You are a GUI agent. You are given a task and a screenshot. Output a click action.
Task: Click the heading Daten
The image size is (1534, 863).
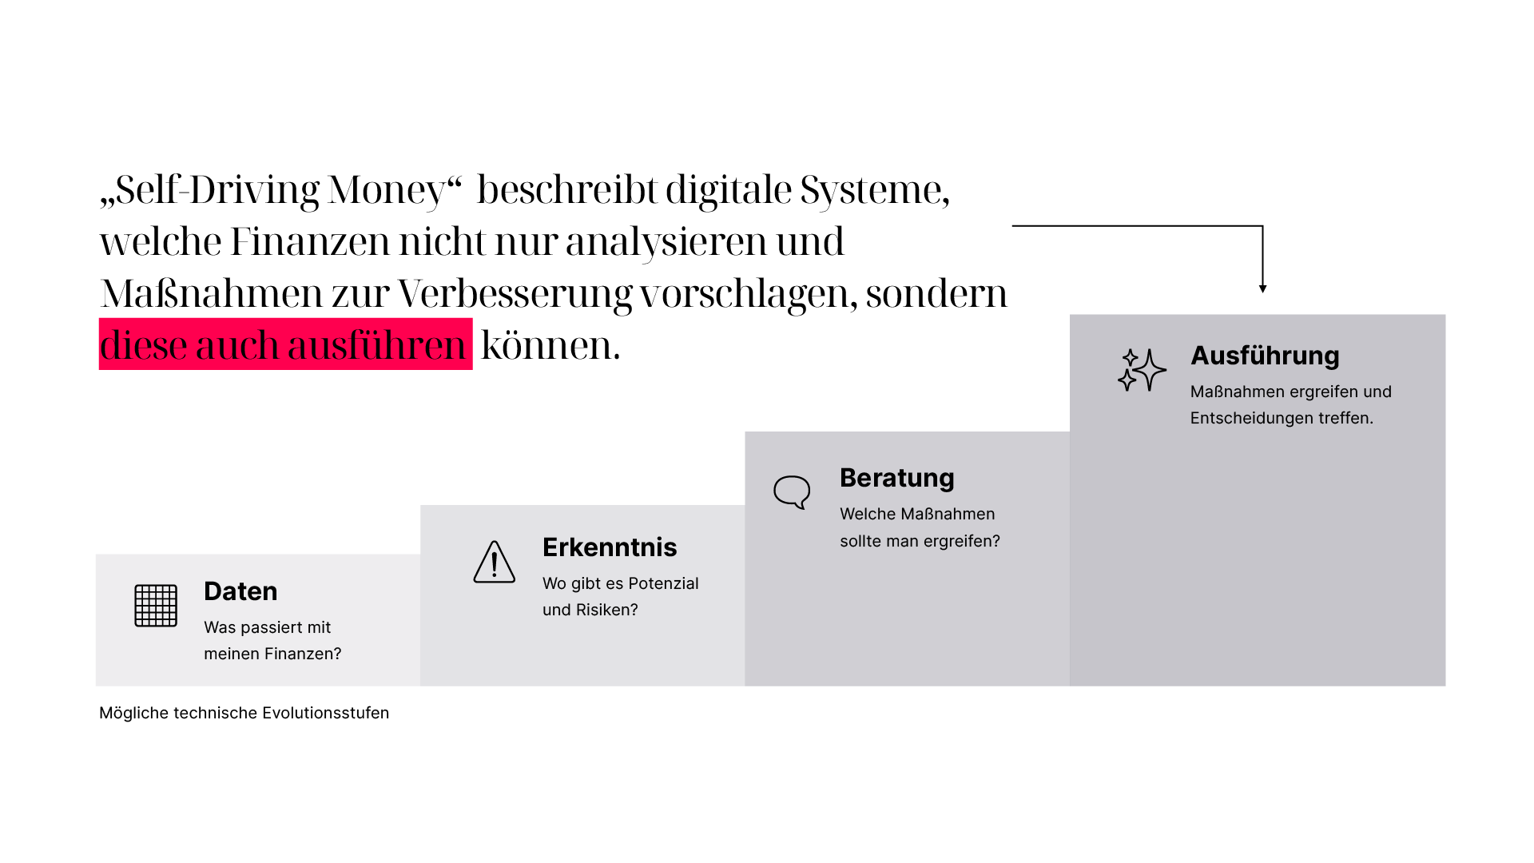240,591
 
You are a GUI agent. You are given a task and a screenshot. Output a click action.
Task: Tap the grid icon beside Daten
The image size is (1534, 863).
156,606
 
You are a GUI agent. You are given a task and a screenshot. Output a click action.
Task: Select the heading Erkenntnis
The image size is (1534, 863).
610,547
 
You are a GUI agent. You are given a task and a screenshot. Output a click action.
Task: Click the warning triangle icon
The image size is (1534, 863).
494,563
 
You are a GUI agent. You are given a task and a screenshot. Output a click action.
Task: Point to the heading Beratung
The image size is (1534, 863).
896,478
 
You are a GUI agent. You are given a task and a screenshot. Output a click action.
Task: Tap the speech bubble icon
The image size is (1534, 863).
792,491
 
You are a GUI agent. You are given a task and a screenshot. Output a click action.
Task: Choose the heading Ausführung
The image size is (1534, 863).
1265,356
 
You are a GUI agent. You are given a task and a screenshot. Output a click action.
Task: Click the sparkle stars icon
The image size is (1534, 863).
1142,370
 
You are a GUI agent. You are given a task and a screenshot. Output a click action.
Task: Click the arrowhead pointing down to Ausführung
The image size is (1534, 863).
1262,288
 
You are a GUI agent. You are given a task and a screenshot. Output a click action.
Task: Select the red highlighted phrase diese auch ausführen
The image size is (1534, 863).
285,344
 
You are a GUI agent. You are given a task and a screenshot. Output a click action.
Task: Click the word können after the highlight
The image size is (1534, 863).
550,345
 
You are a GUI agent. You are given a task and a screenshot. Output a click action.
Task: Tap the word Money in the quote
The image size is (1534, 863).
387,190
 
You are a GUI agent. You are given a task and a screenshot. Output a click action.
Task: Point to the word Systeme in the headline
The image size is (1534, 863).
874,190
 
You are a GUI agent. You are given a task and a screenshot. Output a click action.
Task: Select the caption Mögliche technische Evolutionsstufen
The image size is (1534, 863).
244,713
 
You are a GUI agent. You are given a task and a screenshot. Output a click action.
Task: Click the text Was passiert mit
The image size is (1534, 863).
267,627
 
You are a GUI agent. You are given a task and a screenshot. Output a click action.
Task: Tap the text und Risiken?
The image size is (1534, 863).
590,610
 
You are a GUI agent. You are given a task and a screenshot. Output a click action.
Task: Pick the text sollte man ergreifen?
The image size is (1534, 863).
920,541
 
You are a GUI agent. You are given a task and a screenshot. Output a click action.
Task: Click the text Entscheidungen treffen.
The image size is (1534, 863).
1281,418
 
